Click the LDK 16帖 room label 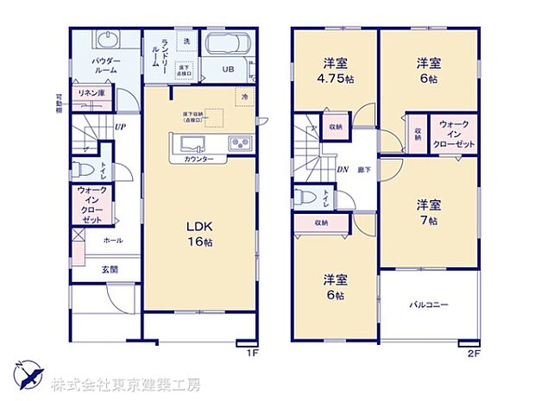pos(200,234)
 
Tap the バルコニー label pos(428,305)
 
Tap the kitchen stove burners pos(239,143)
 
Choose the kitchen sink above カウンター pos(192,142)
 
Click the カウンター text pos(198,160)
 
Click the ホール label pos(111,240)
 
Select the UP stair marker pos(121,127)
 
